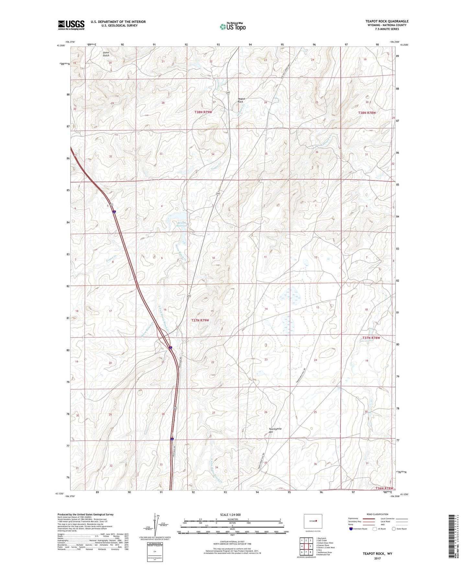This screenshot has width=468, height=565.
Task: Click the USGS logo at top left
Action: [71, 25]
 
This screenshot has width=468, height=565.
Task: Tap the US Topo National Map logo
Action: [232, 26]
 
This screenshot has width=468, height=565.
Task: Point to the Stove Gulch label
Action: [106, 54]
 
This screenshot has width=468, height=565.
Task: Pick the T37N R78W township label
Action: [371, 338]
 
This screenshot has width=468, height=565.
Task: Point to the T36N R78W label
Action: [384, 488]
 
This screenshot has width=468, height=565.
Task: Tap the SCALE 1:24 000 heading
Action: [230, 515]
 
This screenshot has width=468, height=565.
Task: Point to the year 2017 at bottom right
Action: [377, 559]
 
